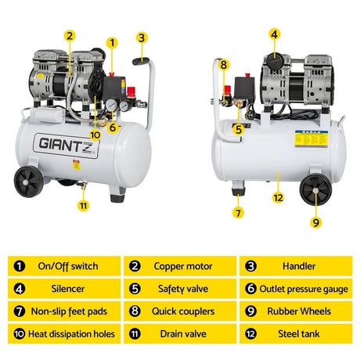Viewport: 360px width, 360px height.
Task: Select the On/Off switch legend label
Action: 67,266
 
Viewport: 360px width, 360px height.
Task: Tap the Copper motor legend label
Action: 182,266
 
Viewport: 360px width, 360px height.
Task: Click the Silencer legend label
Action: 67,289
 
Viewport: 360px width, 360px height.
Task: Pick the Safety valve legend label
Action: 182,289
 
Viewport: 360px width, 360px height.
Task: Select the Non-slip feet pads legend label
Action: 67,311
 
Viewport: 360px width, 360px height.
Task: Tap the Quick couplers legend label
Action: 182,311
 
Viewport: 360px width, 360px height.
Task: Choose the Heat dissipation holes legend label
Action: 67,334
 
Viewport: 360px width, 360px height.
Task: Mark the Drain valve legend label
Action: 182,334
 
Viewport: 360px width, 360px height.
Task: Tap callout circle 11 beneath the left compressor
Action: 83,206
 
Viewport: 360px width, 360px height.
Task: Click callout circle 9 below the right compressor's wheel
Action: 317,222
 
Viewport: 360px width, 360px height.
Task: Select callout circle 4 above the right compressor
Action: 274,34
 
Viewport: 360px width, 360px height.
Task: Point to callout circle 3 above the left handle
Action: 141,37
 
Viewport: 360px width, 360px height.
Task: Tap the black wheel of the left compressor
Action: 28,182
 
